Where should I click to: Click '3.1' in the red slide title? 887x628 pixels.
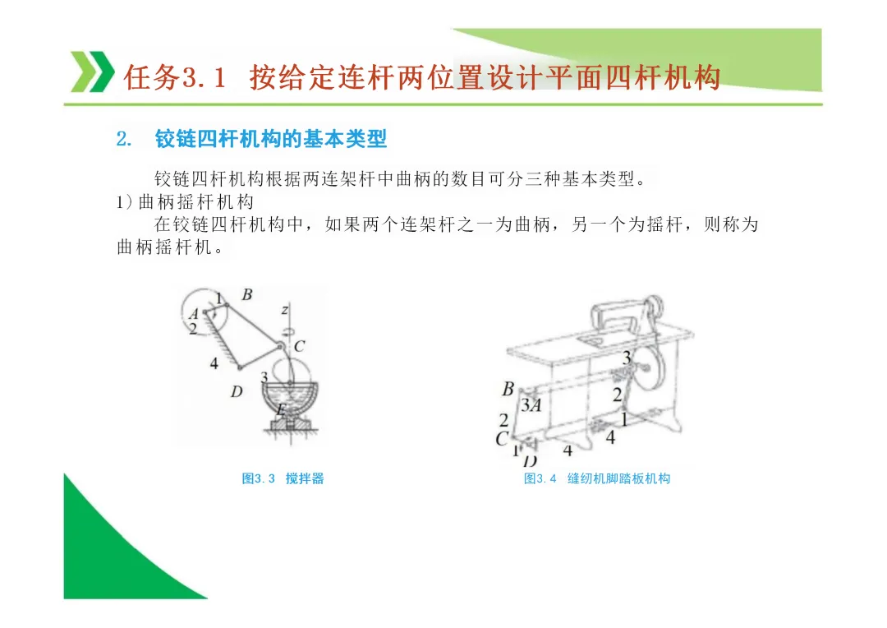coord(205,77)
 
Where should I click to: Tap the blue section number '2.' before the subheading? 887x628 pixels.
coord(124,139)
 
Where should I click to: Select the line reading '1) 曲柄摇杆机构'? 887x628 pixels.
coord(185,202)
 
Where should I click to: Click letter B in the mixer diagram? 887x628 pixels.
coord(247,294)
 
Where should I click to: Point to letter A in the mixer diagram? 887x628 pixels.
coord(194,313)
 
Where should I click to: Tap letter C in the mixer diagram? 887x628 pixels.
coord(299,346)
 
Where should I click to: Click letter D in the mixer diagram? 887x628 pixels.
coord(237,391)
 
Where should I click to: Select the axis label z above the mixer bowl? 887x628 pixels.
coord(285,310)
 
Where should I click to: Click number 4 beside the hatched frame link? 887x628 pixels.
coord(214,363)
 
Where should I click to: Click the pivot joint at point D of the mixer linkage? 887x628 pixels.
coord(240,368)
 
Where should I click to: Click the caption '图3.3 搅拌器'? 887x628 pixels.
coord(283,478)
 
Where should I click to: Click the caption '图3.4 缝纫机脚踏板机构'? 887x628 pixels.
coord(597,478)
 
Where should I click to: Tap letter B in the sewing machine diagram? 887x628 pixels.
coord(508,389)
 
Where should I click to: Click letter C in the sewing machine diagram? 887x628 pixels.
coord(502,439)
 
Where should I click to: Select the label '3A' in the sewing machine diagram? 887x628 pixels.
coord(531,405)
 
